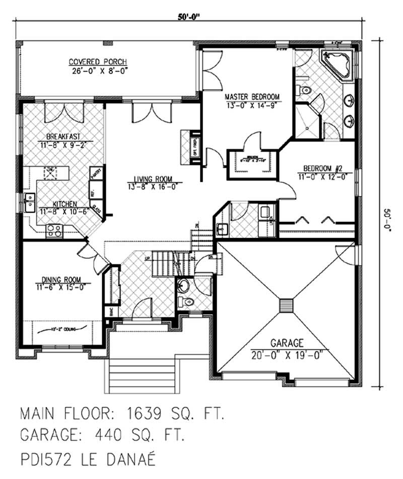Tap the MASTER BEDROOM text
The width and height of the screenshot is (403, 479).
coord(251,97)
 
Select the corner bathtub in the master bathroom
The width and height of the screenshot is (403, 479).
coord(335,63)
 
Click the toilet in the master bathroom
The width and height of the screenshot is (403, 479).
coord(306,90)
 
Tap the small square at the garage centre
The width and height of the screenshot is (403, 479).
coord(286,305)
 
